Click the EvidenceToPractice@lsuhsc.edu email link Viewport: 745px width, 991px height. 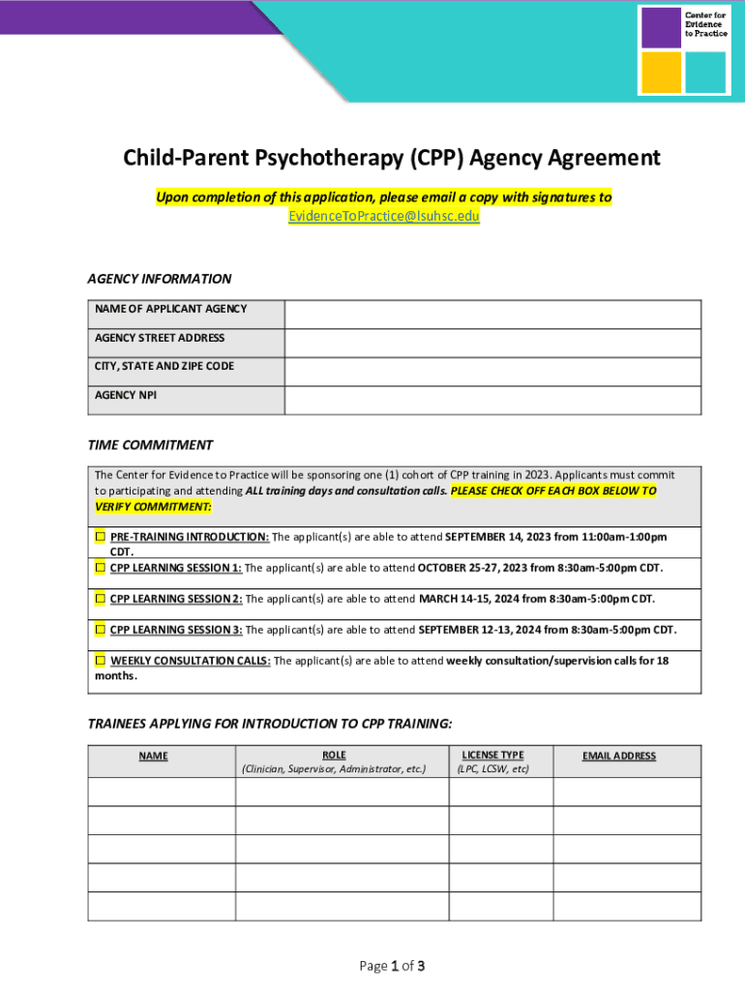pos(384,216)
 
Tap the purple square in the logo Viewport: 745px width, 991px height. pos(661,27)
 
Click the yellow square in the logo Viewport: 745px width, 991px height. pos(661,72)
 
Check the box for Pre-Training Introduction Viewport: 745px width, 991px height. pos(100,536)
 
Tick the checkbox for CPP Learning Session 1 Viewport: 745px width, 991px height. pos(100,567)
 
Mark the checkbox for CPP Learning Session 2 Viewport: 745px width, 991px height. pos(100,598)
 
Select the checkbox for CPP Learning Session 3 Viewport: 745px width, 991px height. pos(100,629)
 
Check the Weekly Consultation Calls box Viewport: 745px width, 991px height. pos(100,660)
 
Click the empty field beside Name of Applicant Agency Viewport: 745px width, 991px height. pos(492,315)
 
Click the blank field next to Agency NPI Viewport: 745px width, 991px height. pos(492,401)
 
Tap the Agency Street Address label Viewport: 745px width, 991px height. pos(160,338)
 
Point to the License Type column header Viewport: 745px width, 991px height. pos(492,755)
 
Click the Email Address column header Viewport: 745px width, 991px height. pos(619,756)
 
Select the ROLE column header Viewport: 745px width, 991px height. pos(334,755)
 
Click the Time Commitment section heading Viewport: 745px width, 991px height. pos(150,445)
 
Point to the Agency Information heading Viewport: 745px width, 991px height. pos(160,279)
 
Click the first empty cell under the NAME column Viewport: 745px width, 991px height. pos(162,792)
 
